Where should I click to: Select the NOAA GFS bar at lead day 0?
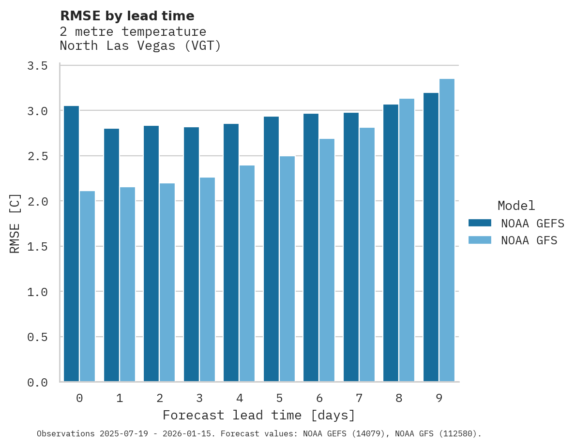click(x=87, y=286)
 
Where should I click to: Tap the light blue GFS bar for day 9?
click(x=447, y=230)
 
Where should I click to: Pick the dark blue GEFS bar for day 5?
click(x=271, y=249)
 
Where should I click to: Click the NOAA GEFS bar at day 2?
click(x=151, y=253)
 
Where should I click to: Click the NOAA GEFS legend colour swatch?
click(x=480, y=223)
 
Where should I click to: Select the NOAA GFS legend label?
click(x=529, y=240)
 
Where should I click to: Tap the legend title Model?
click(x=516, y=206)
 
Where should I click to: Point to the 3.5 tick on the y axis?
click(x=37, y=66)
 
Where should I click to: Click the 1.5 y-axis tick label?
click(x=37, y=247)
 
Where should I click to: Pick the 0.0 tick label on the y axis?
click(x=37, y=383)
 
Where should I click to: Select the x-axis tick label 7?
click(x=359, y=398)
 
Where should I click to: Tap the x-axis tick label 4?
click(x=239, y=398)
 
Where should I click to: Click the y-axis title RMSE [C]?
click(x=15, y=223)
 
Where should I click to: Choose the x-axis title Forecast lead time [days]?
click(x=259, y=415)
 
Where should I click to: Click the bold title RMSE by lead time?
click(x=127, y=16)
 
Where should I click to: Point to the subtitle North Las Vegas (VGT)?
click(x=140, y=46)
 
